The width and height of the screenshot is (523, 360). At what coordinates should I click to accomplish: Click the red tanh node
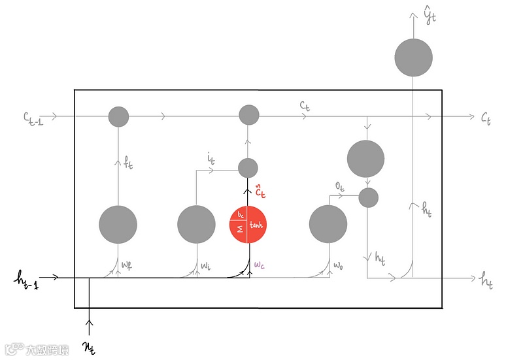(x=248, y=225)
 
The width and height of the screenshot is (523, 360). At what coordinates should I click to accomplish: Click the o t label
(x=340, y=186)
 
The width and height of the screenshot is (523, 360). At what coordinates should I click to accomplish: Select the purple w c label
(x=260, y=265)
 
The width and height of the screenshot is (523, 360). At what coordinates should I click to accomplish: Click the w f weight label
(x=127, y=265)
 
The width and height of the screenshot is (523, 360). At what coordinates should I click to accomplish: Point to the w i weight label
(x=206, y=265)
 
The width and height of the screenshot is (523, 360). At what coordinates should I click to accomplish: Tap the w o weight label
(x=338, y=265)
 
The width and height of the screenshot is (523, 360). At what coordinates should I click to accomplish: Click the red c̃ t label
(x=260, y=192)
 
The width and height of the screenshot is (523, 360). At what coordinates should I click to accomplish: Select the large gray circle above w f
(x=118, y=224)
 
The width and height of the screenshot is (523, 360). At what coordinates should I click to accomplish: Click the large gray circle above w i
(x=196, y=224)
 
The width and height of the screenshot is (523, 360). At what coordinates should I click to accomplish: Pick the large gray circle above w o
(x=328, y=224)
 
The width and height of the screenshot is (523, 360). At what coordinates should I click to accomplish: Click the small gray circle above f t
(x=118, y=117)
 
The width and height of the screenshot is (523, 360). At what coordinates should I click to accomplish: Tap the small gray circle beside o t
(x=368, y=197)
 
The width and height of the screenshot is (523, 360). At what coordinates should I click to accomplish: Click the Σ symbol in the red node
(x=239, y=230)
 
